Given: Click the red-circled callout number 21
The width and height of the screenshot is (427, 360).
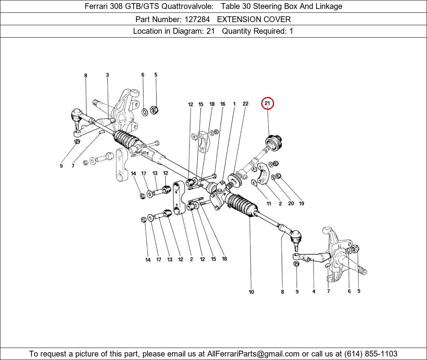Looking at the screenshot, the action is click(x=267, y=103).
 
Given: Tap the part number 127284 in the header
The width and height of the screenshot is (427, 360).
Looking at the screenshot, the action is click(x=197, y=19).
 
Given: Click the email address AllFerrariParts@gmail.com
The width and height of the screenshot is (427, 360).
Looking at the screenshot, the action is click(x=253, y=354).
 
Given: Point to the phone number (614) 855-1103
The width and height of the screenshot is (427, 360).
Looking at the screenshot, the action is click(x=371, y=354).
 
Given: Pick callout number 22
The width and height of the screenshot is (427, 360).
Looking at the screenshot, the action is click(x=245, y=104).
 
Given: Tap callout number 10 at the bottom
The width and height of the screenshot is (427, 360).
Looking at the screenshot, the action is click(x=251, y=292).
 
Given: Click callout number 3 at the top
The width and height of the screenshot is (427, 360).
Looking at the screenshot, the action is click(x=107, y=75).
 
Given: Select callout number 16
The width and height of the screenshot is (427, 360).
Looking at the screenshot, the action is click(x=223, y=104).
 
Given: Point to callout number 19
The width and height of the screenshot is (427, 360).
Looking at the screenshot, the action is click(x=302, y=204).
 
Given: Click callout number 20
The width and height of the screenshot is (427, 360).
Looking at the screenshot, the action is click(x=291, y=204).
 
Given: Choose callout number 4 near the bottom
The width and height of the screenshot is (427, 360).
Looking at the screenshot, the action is click(x=314, y=291).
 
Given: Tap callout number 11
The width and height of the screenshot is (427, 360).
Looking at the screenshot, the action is click(x=269, y=204).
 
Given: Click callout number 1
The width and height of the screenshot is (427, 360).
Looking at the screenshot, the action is click(x=234, y=104).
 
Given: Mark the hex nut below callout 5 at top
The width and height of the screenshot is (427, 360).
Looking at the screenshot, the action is click(x=154, y=110).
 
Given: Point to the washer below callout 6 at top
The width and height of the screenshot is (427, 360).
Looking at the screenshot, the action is click(x=145, y=112).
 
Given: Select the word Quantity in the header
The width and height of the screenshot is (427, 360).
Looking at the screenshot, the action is click(x=236, y=31).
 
